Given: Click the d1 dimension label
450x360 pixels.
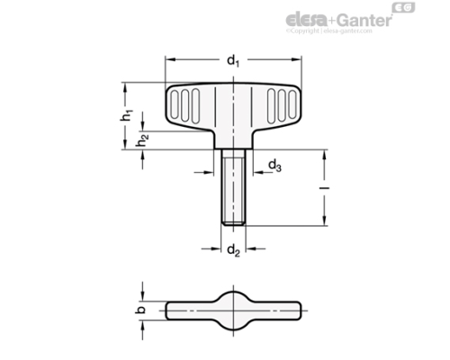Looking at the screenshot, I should pos(232,61).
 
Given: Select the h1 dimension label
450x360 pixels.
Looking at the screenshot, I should pos(129,115).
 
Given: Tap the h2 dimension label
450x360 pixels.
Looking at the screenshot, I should pos(140,141).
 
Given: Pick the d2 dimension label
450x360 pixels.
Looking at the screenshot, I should pos(231,249).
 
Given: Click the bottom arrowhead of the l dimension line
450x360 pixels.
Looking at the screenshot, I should pos(321,220).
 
